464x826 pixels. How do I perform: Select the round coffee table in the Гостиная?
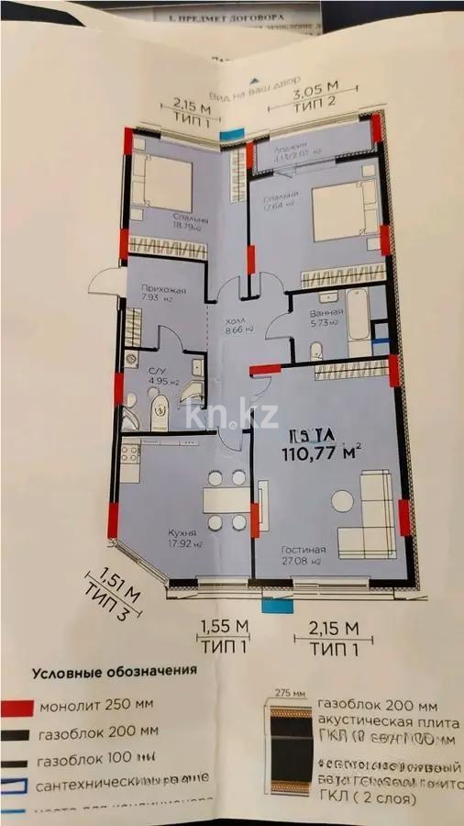click(x=342, y=501)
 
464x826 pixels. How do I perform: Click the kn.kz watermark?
click(x=231, y=414)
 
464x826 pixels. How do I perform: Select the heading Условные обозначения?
click(x=115, y=671)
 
